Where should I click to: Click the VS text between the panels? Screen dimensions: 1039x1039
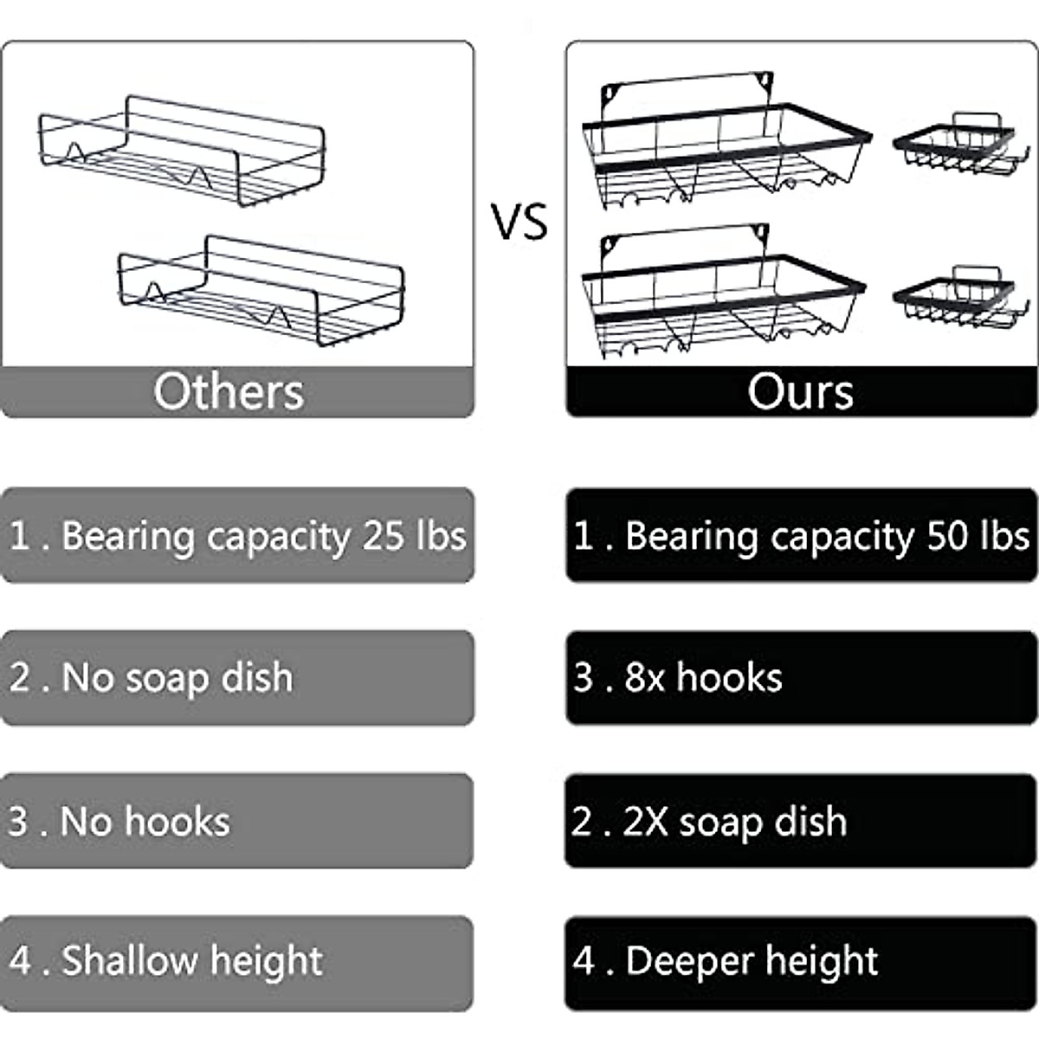[520, 222]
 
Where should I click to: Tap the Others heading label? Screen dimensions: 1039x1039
[229, 391]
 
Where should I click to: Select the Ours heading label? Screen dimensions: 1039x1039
[800, 391]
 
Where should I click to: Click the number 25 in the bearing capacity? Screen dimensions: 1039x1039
[384, 536]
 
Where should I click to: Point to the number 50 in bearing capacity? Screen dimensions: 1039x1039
[948, 536]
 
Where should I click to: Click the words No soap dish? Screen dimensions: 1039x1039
[177, 678]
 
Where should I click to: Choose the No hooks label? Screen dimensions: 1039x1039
[145, 821]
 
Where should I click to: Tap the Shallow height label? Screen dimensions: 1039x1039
[191, 961]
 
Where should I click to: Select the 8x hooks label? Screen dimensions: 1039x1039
[703, 678]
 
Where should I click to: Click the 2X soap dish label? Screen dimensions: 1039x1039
[734, 821]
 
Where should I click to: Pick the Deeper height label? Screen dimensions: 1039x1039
[751, 961]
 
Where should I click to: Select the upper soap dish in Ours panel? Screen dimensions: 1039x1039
[956, 142]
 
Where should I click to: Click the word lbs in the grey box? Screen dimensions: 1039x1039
[441, 536]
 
